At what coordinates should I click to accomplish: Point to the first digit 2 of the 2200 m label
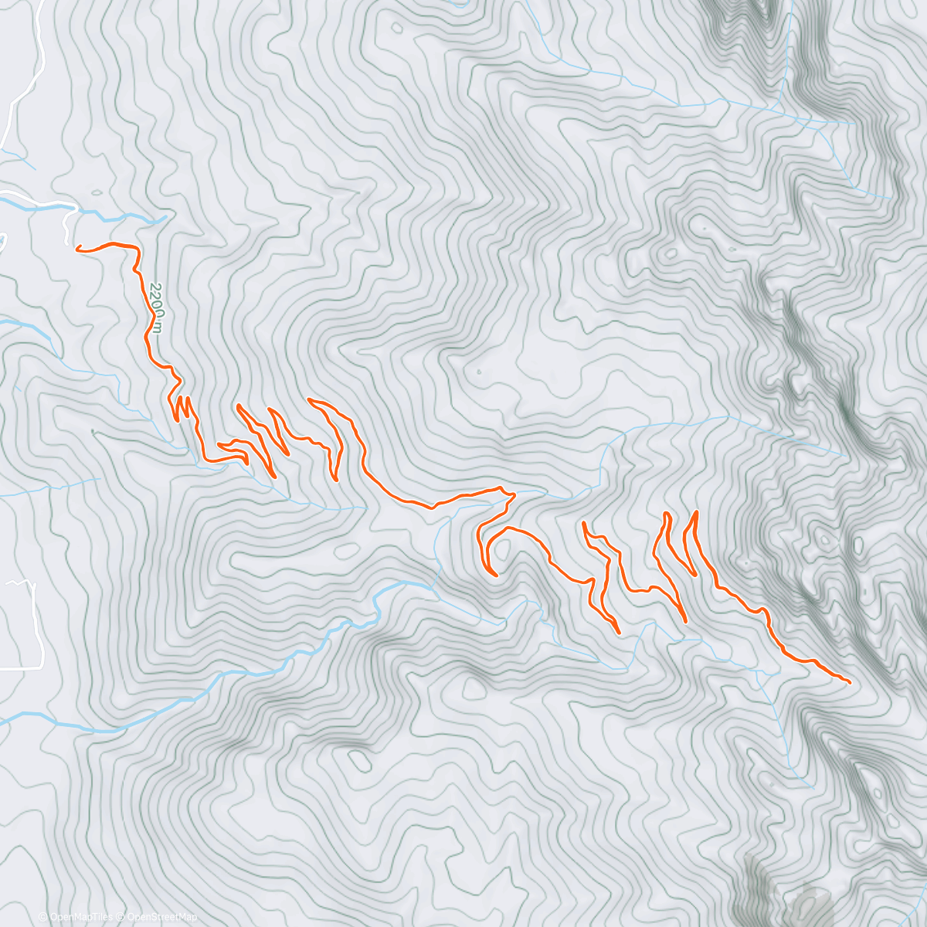(x=154, y=287)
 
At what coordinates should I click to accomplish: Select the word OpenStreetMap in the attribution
(x=162, y=917)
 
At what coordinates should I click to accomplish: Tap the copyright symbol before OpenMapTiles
(x=42, y=917)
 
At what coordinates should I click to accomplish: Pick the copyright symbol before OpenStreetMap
(x=121, y=917)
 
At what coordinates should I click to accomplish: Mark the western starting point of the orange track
(x=78, y=248)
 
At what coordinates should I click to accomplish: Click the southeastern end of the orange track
(x=849, y=682)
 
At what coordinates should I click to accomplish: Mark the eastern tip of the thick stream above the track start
(x=165, y=218)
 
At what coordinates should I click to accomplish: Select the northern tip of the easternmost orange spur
(x=697, y=512)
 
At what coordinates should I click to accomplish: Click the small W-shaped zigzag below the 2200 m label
(x=182, y=408)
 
